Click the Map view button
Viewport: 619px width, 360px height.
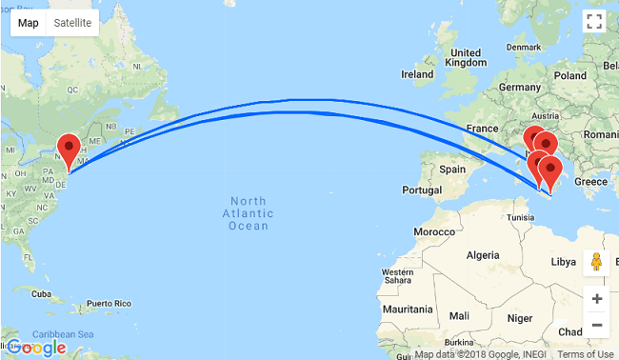coord(29,23)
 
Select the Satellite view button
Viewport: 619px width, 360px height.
coord(72,23)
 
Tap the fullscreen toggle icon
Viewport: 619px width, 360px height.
coord(595,23)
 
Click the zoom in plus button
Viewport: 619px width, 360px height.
coord(596,299)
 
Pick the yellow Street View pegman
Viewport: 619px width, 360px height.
coord(596,262)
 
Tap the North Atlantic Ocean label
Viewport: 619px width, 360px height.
coord(249,212)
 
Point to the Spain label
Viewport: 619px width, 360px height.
coord(451,169)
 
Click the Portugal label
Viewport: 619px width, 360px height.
coord(420,190)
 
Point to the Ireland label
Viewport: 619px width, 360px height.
coord(417,74)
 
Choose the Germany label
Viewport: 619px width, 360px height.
coord(518,87)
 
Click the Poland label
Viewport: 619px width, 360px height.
coord(570,75)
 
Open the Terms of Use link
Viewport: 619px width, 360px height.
coord(586,354)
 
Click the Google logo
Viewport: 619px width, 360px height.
coord(35,347)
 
